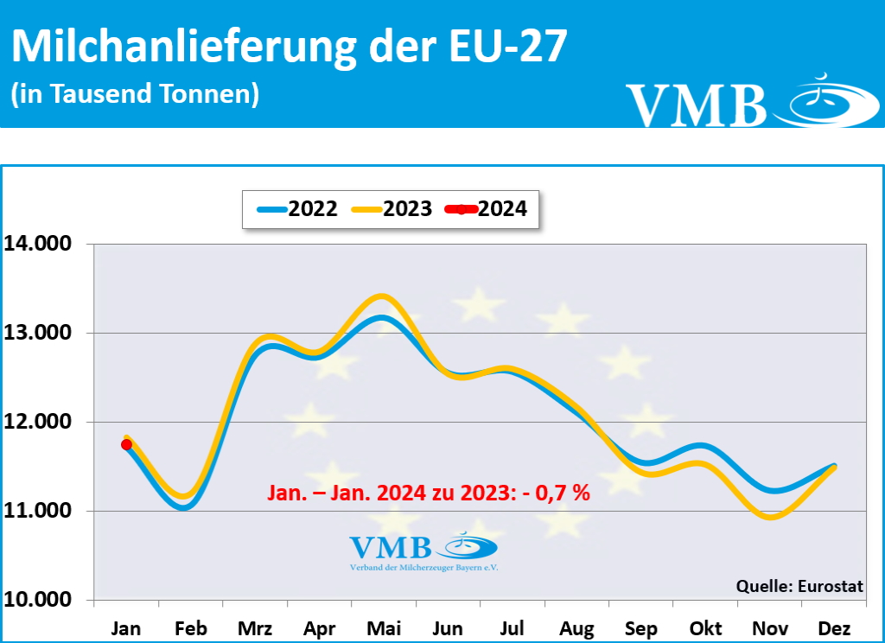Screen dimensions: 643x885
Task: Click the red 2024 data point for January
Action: [126, 444]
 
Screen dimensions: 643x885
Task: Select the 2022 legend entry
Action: [298, 208]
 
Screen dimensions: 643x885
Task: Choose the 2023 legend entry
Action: [393, 208]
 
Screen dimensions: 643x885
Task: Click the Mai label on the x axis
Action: [383, 628]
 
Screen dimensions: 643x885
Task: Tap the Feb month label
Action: [190, 628]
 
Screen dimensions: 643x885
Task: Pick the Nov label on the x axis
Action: [769, 628]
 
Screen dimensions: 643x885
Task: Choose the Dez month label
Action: [833, 628]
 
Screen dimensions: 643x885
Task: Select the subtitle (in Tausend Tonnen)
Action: [135, 93]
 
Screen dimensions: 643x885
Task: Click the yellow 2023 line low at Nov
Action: [771, 518]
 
